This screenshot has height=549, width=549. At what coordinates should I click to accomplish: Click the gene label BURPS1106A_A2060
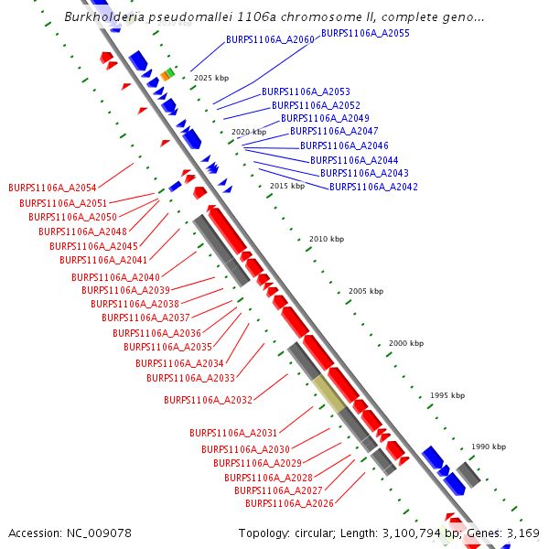pos(270,40)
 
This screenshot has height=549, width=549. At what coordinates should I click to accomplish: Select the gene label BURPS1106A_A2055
pos(365,33)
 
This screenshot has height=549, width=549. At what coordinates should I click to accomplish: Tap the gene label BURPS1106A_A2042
pos(373,187)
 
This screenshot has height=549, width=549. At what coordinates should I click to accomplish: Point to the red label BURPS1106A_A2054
pos(52,188)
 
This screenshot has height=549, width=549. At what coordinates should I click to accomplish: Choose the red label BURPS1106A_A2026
pos(289,503)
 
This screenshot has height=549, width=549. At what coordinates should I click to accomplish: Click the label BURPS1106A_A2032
pos(208,400)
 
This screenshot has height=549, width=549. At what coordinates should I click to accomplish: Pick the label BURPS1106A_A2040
pos(115,277)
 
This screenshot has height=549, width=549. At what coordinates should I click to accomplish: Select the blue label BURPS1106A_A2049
pos(325,119)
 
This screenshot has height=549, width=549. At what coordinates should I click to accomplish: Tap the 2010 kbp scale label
pos(326,239)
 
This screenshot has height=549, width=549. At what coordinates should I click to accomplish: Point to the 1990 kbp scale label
pos(488,447)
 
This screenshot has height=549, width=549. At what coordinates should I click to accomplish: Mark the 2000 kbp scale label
pos(406,343)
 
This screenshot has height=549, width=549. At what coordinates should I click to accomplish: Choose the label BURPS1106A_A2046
pos(344,145)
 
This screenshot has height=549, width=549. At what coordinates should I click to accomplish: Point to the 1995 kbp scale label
pos(447,395)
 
